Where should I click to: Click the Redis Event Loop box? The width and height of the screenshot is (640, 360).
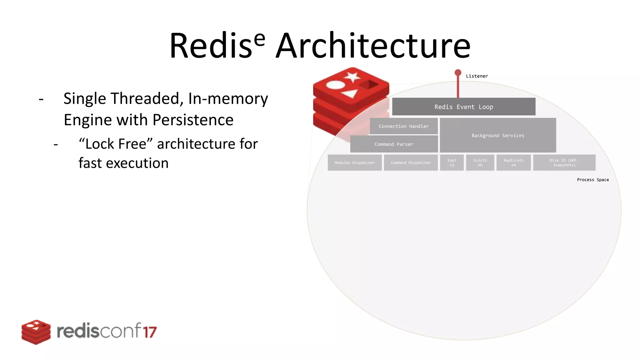click(x=464, y=107)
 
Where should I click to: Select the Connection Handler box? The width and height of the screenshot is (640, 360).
click(x=404, y=126)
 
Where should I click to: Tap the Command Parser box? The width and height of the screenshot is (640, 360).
click(x=394, y=144)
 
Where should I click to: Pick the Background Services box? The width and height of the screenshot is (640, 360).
click(x=498, y=135)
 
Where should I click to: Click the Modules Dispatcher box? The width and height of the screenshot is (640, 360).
click(x=355, y=162)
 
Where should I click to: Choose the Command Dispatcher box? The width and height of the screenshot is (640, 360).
click(x=411, y=162)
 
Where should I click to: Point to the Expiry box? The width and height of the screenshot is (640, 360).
click(x=452, y=162)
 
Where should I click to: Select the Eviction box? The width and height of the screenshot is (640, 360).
click(x=480, y=162)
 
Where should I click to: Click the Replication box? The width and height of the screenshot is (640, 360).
click(x=513, y=162)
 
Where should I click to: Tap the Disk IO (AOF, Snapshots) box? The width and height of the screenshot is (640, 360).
click(x=564, y=162)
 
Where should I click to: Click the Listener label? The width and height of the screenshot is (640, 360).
click(x=477, y=76)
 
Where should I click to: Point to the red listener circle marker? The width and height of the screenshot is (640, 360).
click(x=458, y=73)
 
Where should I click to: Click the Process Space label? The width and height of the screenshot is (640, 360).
click(x=593, y=180)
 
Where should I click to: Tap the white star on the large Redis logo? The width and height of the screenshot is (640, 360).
click(x=352, y=77)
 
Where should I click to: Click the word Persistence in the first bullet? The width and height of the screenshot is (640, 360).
click(x=193, y=120)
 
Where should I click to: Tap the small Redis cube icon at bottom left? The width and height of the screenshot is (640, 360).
click(x=36, y=332)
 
